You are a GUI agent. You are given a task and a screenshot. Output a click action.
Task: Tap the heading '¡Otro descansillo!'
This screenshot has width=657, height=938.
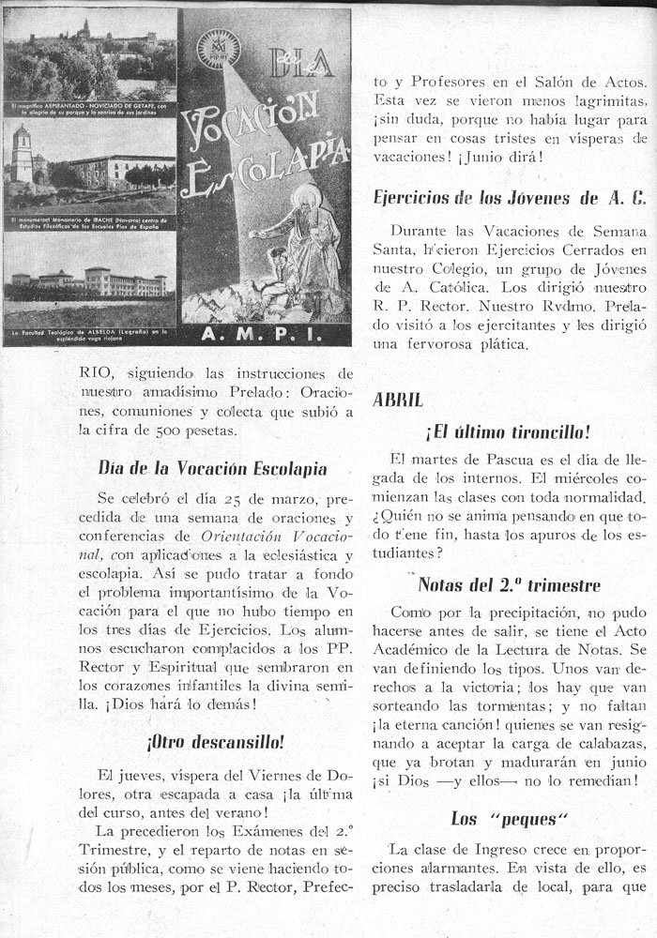coord(215,741)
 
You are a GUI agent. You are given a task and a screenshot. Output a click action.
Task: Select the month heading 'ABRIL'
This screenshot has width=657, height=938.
coord(398,398)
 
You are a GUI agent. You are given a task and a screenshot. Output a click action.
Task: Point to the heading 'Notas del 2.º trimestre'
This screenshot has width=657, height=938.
coord(509,585)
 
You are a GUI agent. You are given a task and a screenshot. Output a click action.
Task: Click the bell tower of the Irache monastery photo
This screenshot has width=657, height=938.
coord(23,155)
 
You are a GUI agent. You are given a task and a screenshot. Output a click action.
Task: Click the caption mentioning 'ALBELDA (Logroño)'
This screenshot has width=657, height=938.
coord(89,334)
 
